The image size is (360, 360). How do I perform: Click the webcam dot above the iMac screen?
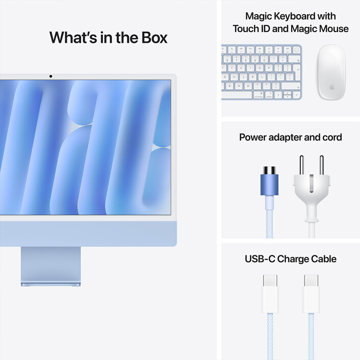point(50,76)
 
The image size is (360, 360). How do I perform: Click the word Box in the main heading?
point(151,38)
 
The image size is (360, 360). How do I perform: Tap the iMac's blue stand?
point(50,265)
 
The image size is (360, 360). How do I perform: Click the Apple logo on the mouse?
point(330,87)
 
